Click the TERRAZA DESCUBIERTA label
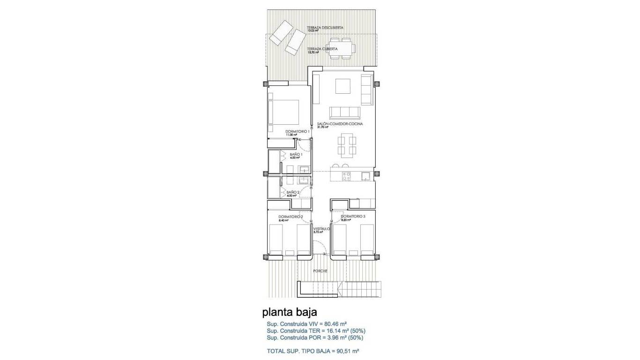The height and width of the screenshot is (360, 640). tap(325, 28)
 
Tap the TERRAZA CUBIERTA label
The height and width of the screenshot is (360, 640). tap(323, 49)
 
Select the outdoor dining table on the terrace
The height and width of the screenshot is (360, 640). tap(341, 49)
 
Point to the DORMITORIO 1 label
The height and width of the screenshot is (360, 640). tap(297, 132)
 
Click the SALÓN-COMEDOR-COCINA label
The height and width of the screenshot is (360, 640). tap(340, 124)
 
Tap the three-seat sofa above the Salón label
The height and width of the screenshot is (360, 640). tap(344, 112)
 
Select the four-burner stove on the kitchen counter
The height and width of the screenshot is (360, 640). tap(347, 176)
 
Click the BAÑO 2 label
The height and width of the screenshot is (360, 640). tap(292, 192)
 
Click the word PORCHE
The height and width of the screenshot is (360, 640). tap(321, 271)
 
